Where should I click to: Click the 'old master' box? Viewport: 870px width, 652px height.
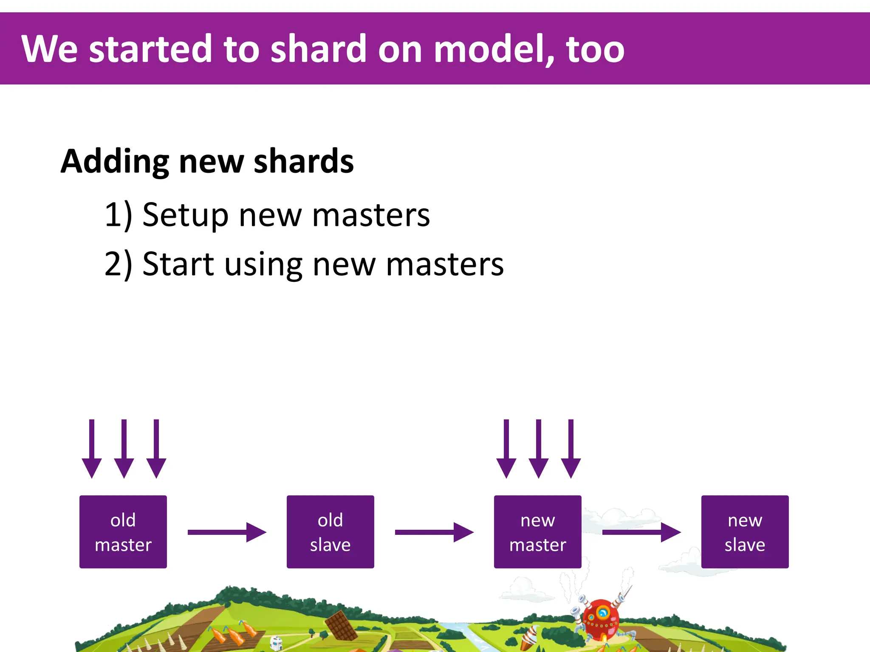[x=123, y=531]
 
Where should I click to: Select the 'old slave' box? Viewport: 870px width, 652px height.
[x=330, y=531]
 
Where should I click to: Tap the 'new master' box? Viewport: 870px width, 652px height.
[x=537, y=531]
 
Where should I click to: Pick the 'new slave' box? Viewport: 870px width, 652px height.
[x=745, y=531]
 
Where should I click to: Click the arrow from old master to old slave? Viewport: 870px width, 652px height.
[x=226, y=532]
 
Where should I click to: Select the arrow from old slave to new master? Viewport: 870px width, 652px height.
[x=434, y=532]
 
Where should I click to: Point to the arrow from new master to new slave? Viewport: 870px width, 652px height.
[x=641, y=532]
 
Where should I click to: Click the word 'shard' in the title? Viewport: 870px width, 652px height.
[x=318, y=49]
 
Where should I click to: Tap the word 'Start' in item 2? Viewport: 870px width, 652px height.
[x=178, y=264]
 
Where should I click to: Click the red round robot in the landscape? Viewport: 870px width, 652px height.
[x=600, y=618]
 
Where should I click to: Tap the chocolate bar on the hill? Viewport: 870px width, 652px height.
[x=341, y=625]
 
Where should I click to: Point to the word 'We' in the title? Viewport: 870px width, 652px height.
[x=49, y=49]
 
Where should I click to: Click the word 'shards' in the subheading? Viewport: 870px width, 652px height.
[x=303, y=162]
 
